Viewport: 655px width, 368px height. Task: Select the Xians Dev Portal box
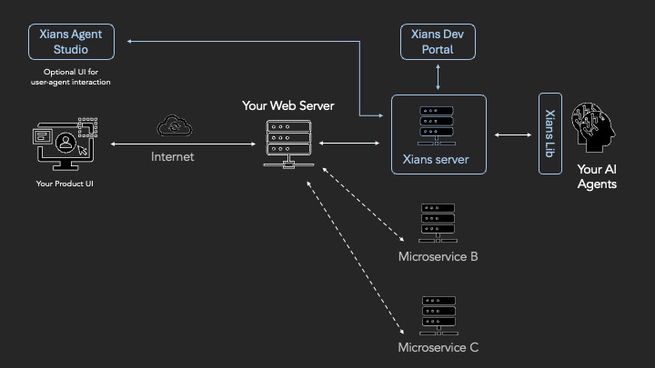click(438, 42)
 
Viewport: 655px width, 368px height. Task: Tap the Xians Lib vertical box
click(549, 134)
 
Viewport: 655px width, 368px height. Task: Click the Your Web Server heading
click(287, 105)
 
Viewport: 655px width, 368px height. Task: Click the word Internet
click(172, 156)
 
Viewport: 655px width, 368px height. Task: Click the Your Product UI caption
click(65, 184)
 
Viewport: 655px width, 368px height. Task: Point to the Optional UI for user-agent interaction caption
click(71, 77)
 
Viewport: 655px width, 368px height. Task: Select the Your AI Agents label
click(597, 176)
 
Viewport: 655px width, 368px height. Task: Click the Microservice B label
click(438, 256)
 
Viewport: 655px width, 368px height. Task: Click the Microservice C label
click(438, 347)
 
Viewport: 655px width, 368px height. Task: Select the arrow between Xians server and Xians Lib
click(513, 135)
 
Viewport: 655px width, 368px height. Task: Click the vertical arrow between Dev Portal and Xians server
click(438, 77)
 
